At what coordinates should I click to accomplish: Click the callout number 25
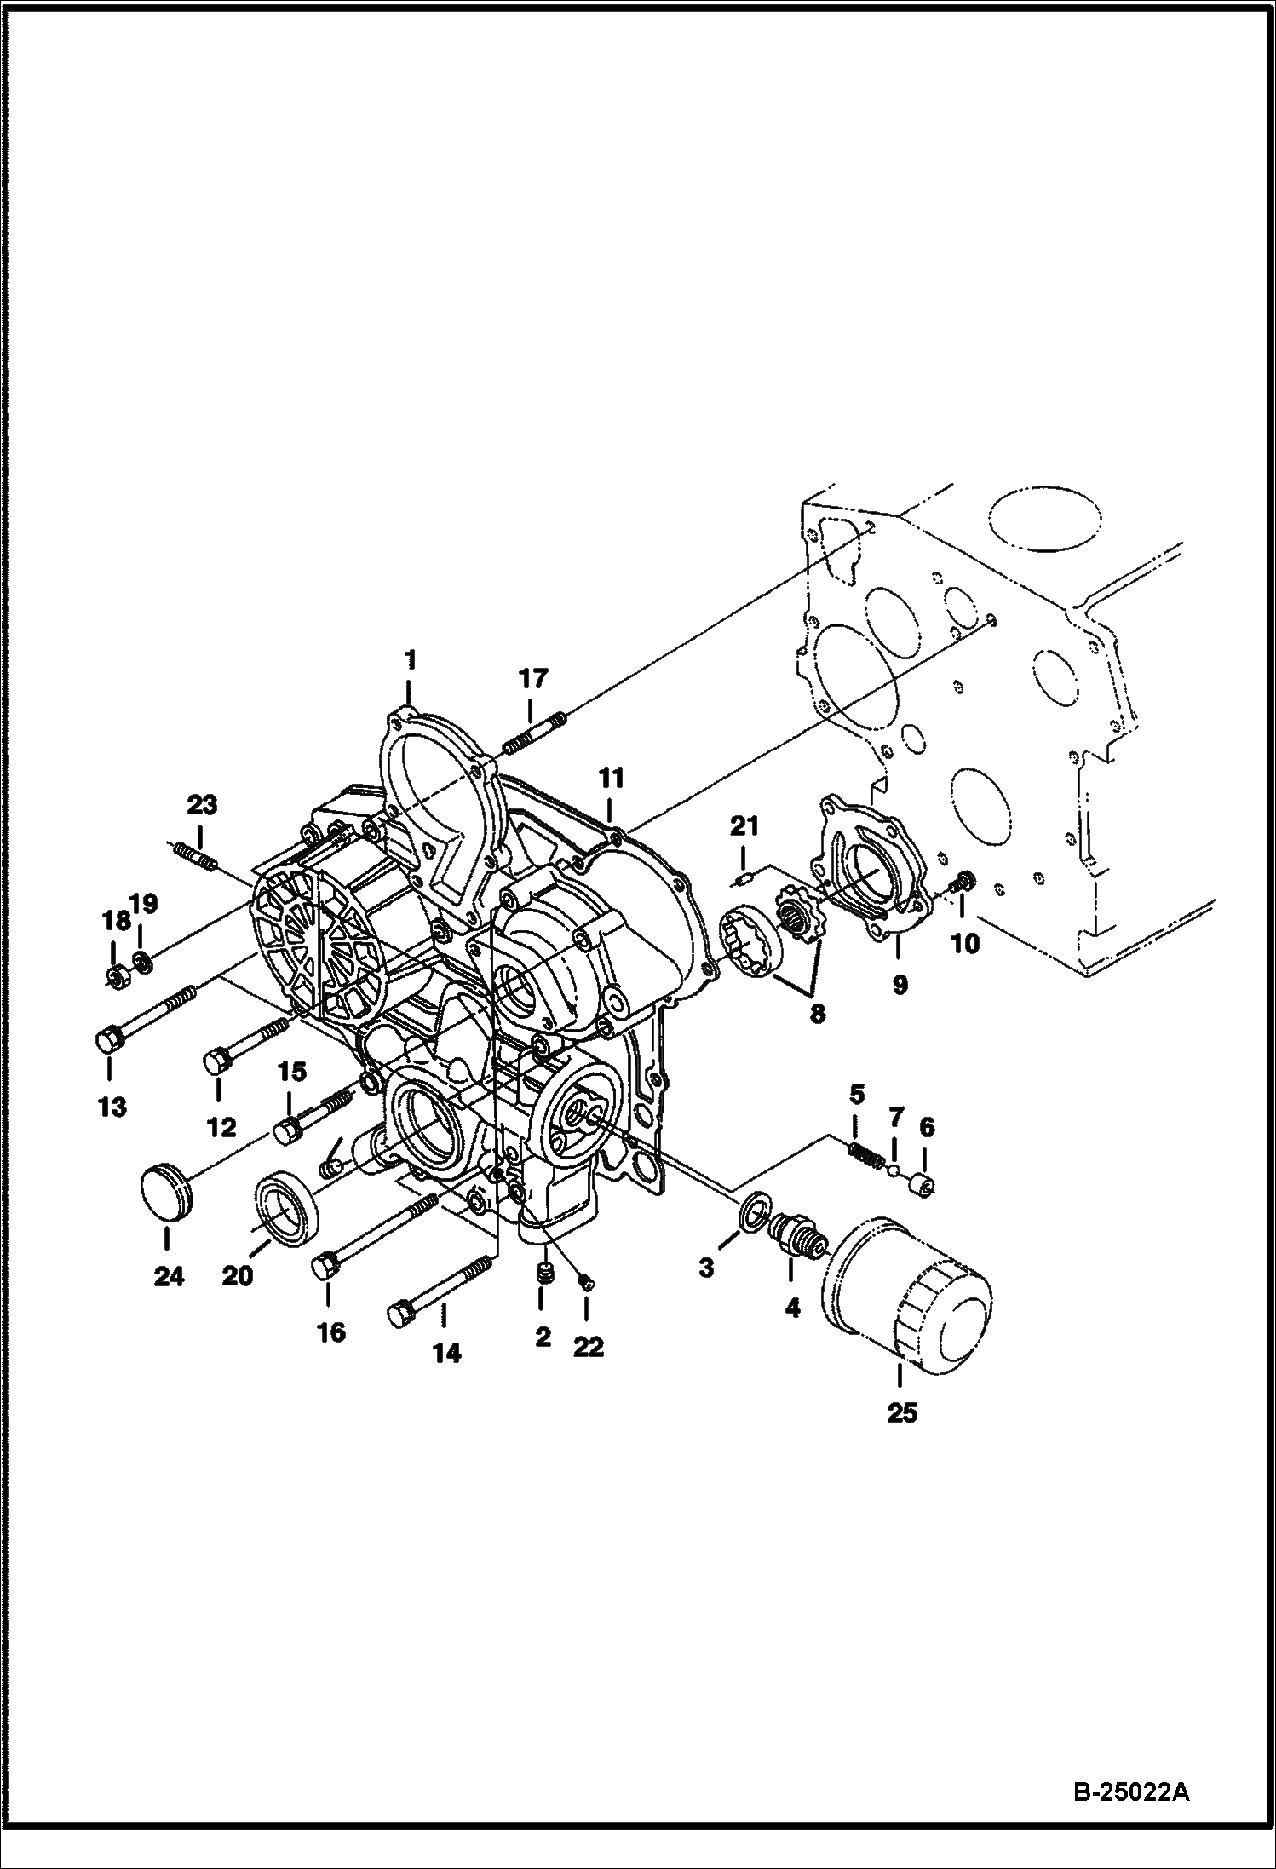click(x=903, y=1412)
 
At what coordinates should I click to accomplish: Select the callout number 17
click(x=533, y=679)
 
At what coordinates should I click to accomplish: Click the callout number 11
click(x=611, y=779)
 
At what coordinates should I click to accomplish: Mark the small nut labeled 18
click(x=114, y=975)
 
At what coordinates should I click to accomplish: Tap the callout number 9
click(x=900, y=985)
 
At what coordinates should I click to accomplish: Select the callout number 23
click(x=203, y=804)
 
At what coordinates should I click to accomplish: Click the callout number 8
click(x=818, y=1015)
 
